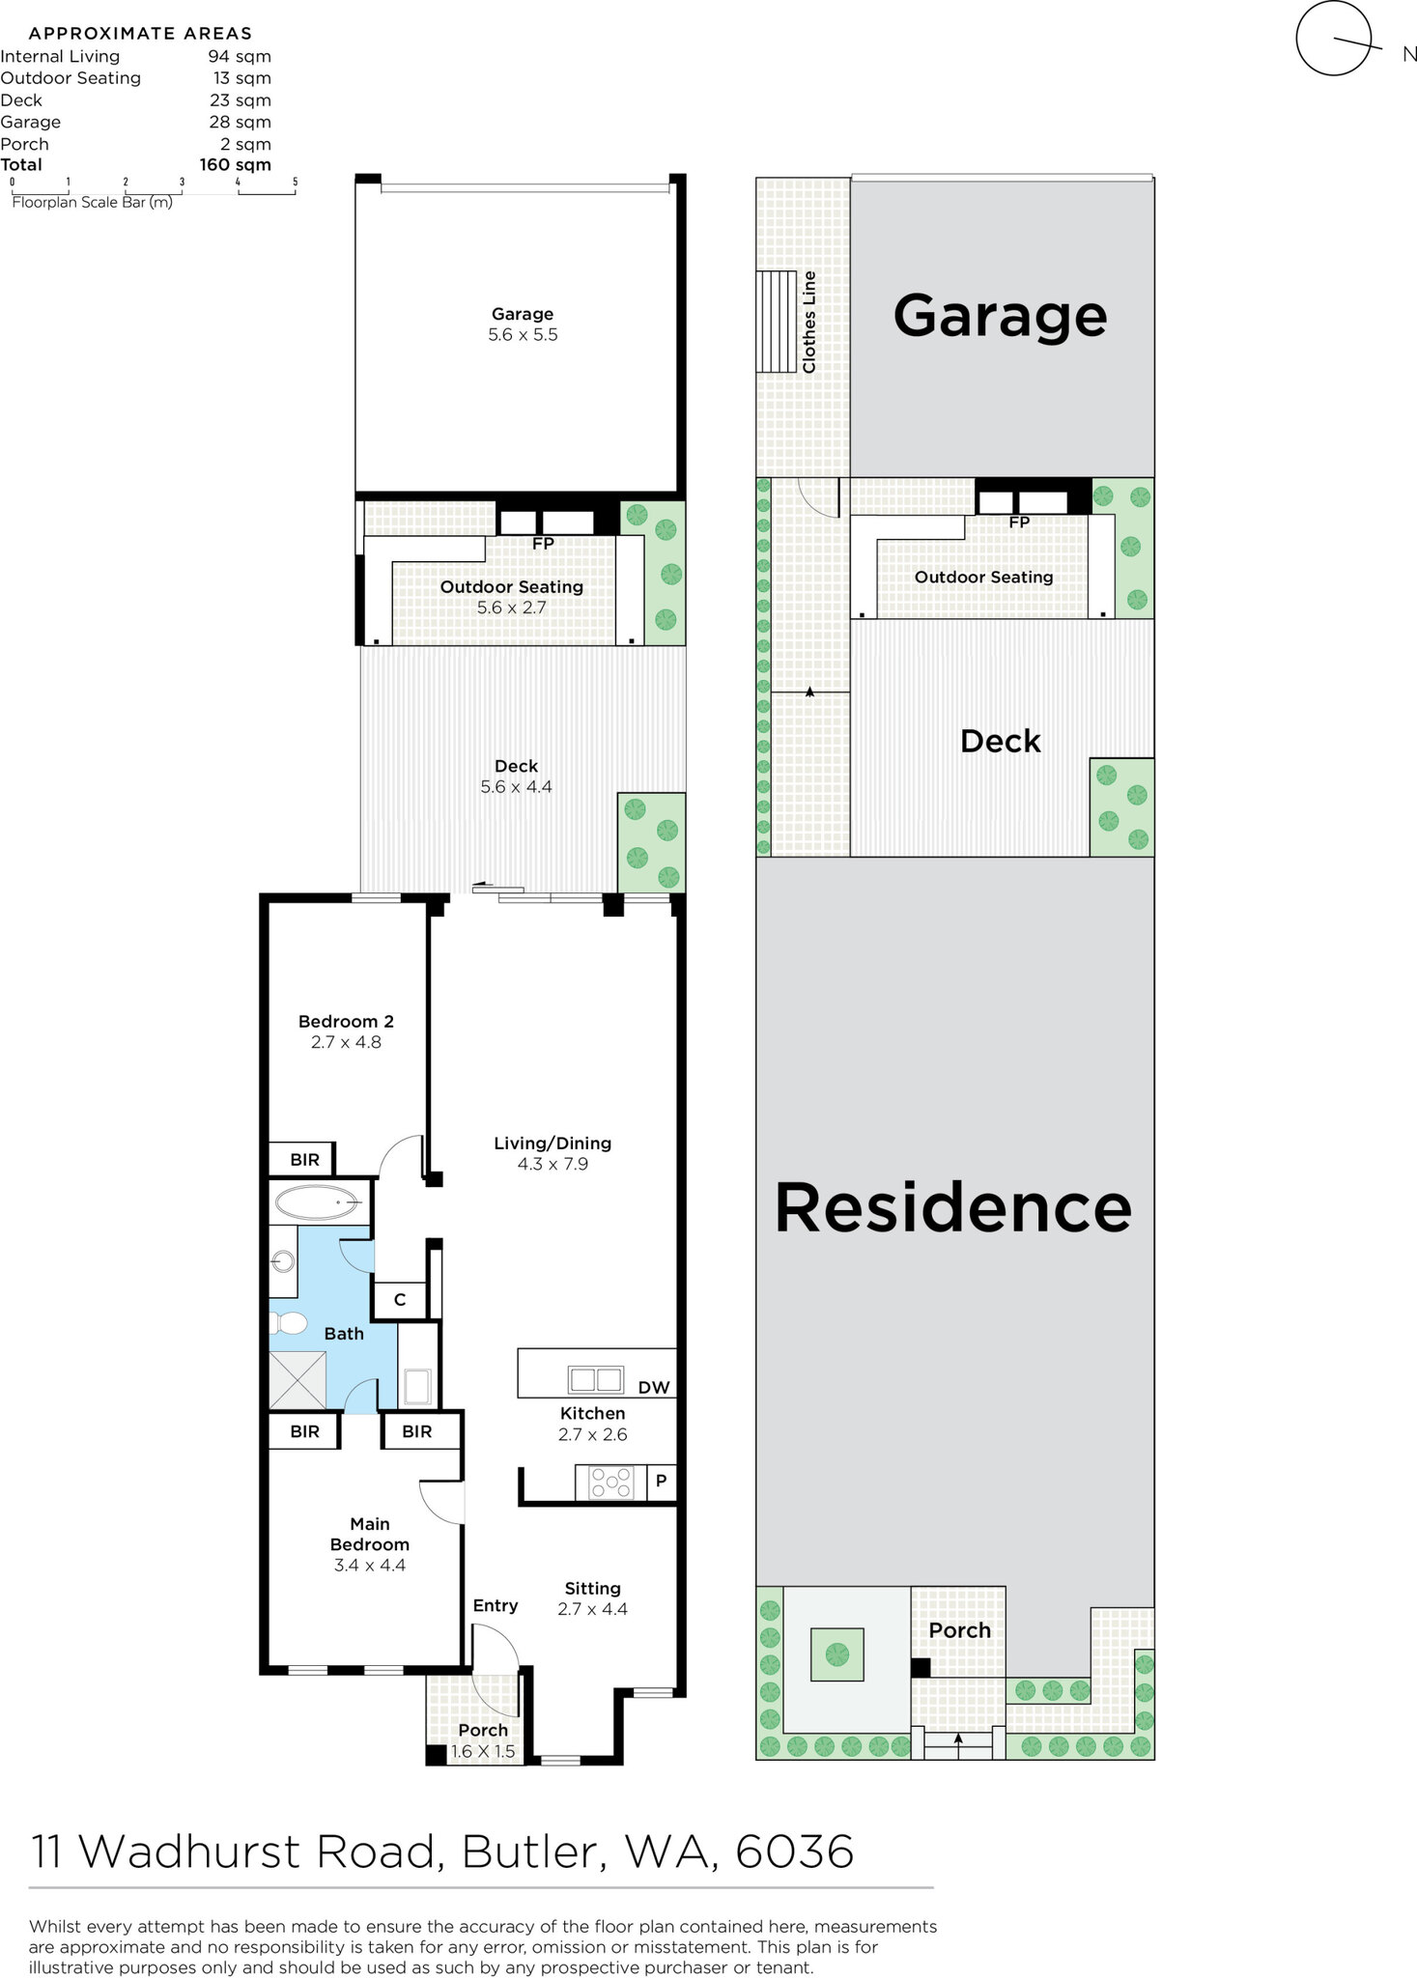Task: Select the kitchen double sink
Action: pyautogui.click(x=595, y=1378)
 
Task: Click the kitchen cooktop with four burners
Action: pyautogui.click(x=610, y=1483)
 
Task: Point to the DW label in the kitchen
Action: pyautogui.click(x=654, y=1388)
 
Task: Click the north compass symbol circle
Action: pyautogui.click(x=1334, y=38)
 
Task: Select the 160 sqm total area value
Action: pyautogui.click(x=235, y=165)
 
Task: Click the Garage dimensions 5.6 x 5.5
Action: pyautogui.click(x=523, y=335)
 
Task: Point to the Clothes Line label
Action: pyautogui.click(x=809, y=322)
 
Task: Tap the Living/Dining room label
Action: pyautogui.click(x=553, y=1144)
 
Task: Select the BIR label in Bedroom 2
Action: pyautogui.click(x=305, y=1160)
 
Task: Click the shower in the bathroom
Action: pyautogui.click(x=298, y=1380)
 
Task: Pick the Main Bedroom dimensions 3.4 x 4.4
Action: pyautogui.click(x=370, y=1566)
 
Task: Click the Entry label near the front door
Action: pyautogui.click(x=496, y=1606)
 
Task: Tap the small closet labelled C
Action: pyautogui.click(x=400, y=1300)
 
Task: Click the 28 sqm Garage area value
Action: pyautogui.click(x=241, y=122)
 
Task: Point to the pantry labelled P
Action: pyautogui.click(x=661, y=1481)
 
